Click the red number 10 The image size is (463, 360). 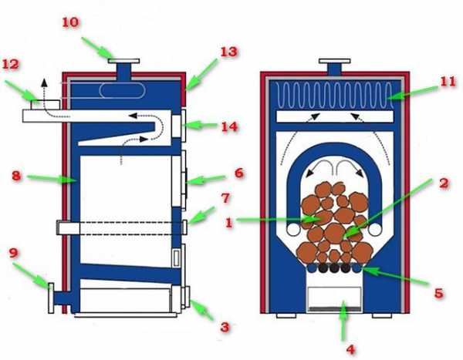[70, 22]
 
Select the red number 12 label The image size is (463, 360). [12, 65]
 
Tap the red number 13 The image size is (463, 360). [228, 52]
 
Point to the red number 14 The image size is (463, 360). [229, 126]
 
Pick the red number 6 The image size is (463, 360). [239, 173]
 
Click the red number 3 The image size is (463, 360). [225, 327]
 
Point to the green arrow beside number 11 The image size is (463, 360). [413, 94]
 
